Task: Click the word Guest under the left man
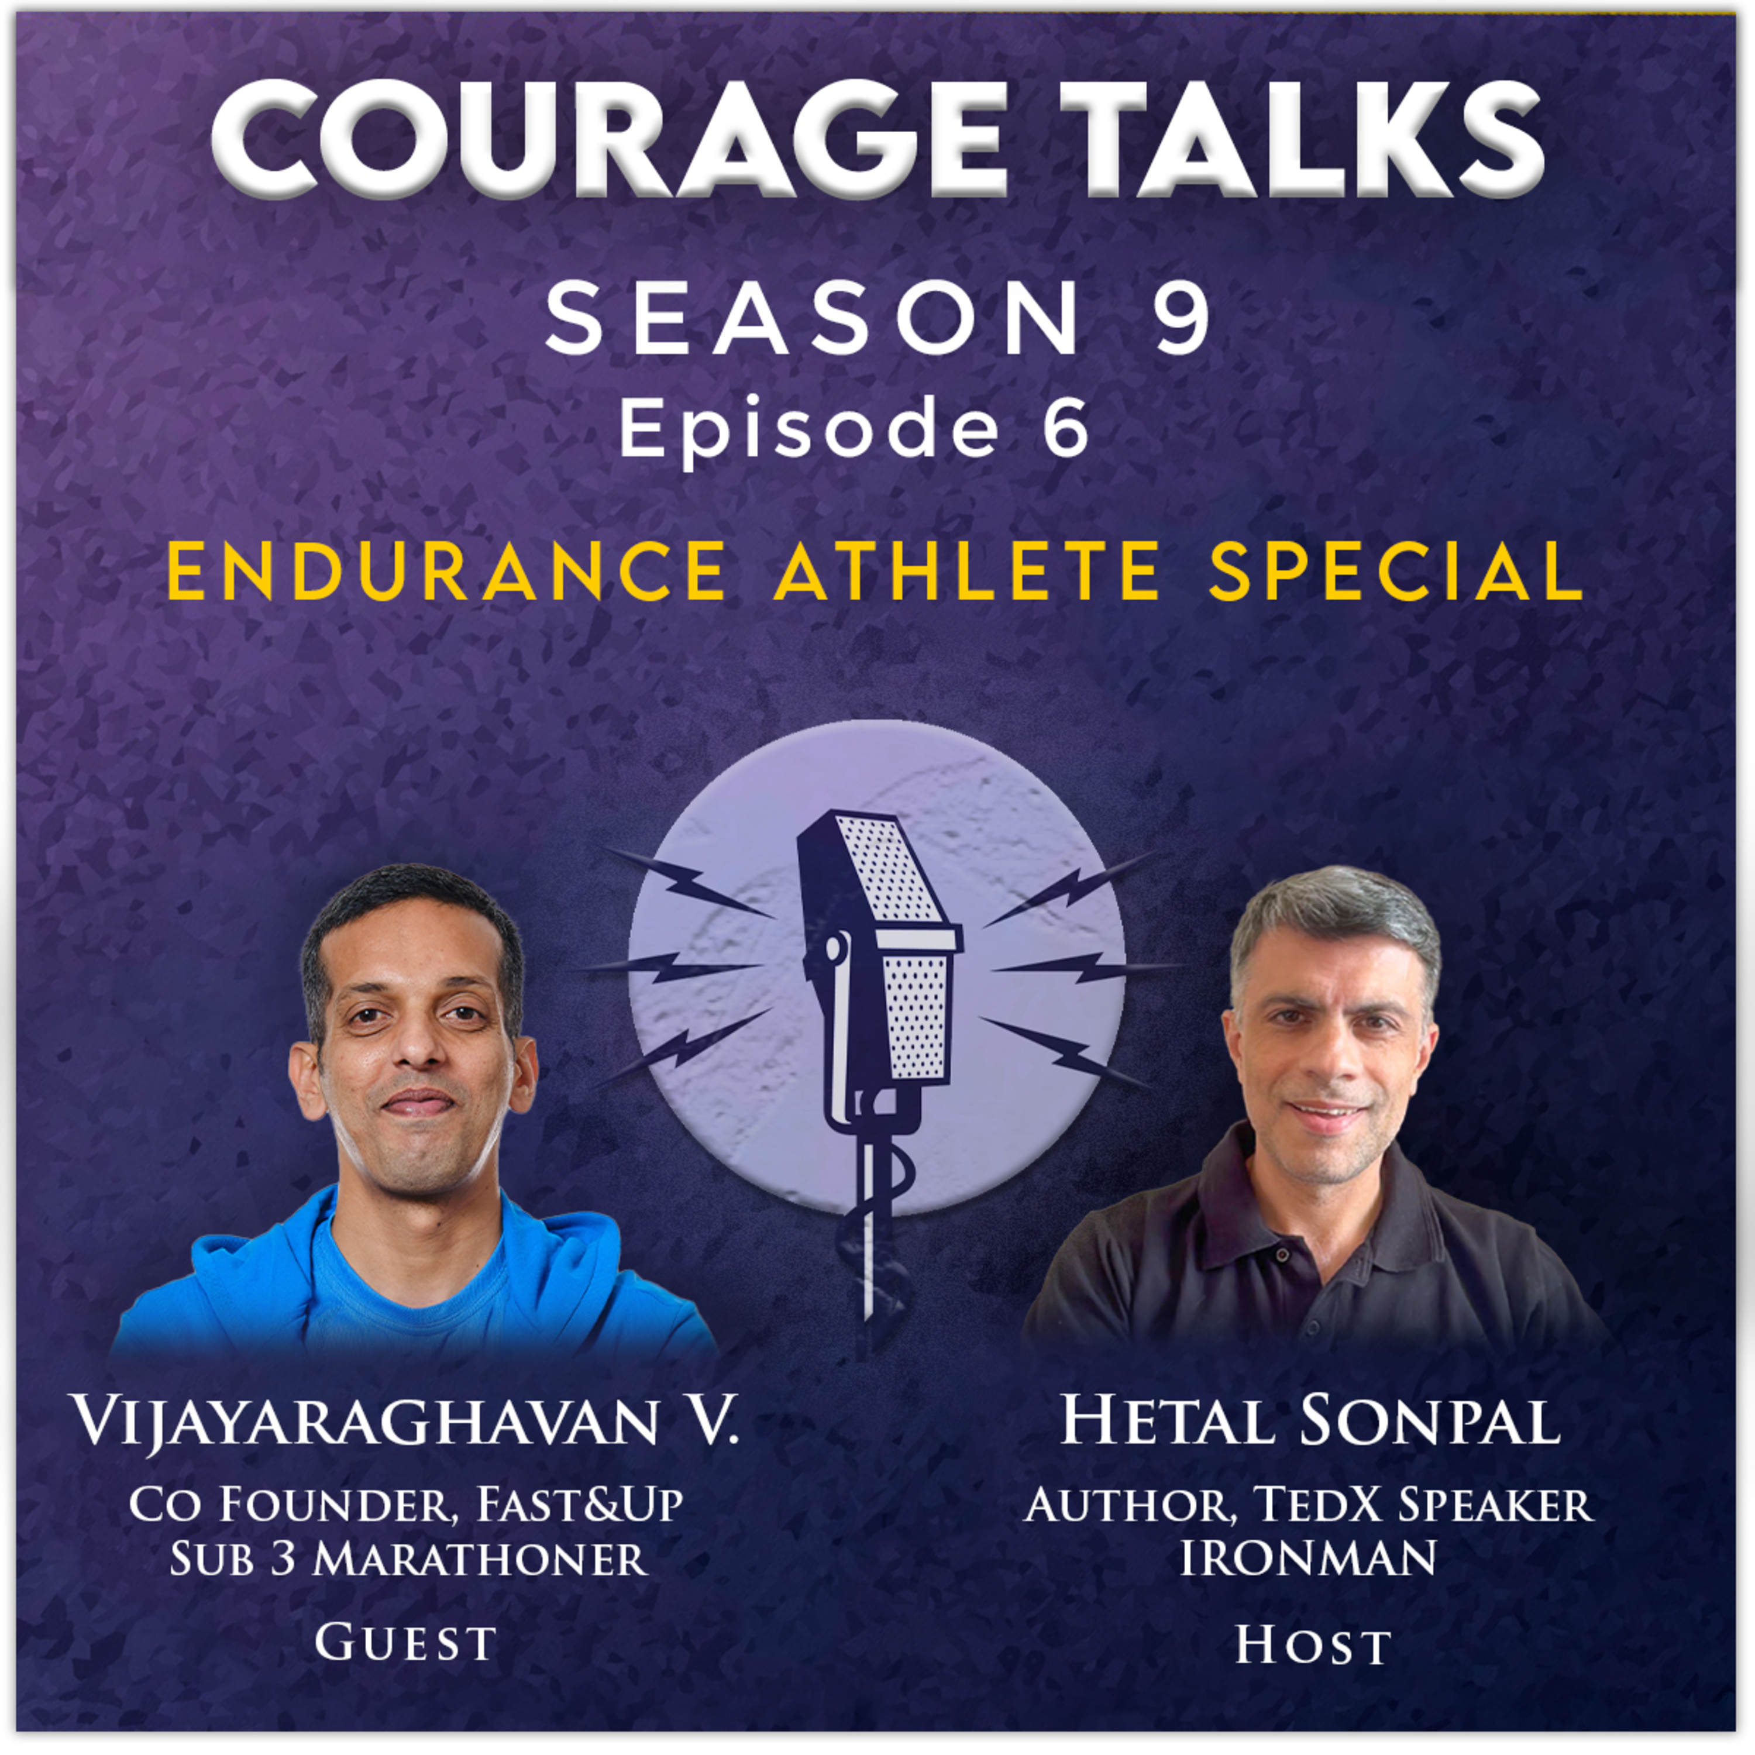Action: (405, 1642)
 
